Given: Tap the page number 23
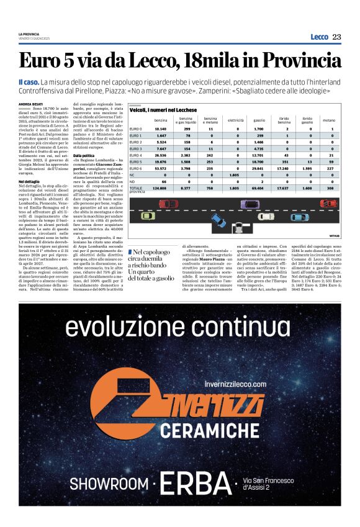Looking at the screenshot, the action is point(337,37).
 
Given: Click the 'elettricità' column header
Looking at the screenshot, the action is point(236,119).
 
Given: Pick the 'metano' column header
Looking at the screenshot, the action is point(328,119).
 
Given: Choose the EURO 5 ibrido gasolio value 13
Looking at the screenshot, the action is point(308,161).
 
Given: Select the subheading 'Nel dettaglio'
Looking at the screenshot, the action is point(29,181).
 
